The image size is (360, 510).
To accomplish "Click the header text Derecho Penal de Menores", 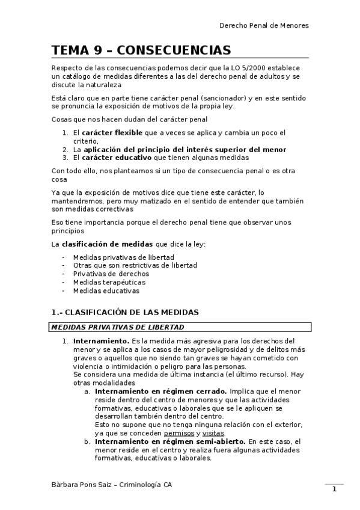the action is coord(264,26).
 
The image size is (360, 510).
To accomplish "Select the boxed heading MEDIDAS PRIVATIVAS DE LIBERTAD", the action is coord(118,327).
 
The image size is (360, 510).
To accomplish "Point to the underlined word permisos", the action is coord(178,432).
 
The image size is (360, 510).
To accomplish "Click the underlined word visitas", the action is coord(213,432).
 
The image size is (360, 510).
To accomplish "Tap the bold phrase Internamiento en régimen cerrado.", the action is coord(160,390).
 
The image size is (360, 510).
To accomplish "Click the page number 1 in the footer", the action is coord(334,489).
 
